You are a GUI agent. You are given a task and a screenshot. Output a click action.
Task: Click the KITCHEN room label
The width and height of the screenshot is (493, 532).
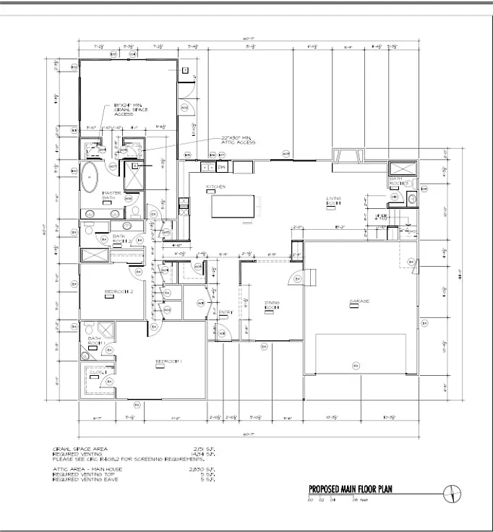[216, 186]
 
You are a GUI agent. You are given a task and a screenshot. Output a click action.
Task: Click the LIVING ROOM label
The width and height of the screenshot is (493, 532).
[333, 199]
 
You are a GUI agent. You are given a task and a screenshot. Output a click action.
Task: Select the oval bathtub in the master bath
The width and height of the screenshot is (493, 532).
[91, 177]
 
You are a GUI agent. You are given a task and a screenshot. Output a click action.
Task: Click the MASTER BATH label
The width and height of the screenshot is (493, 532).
[111, 195]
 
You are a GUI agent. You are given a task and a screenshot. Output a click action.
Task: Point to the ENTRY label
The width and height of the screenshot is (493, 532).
[226, 312]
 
